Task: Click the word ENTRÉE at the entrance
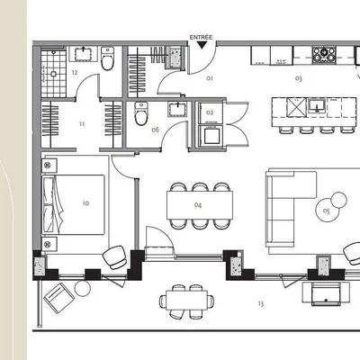(201, 37)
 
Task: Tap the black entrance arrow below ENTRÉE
(201, 44)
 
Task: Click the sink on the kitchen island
(316, 105)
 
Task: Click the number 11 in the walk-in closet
(81, 123)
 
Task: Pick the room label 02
(210, 112)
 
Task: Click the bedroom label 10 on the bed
(85, 203)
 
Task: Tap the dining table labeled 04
(197, 205)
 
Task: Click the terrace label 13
(260, 304)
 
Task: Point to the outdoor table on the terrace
(188, 298)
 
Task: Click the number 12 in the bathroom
(74, 72)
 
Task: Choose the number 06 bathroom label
(155, 130)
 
